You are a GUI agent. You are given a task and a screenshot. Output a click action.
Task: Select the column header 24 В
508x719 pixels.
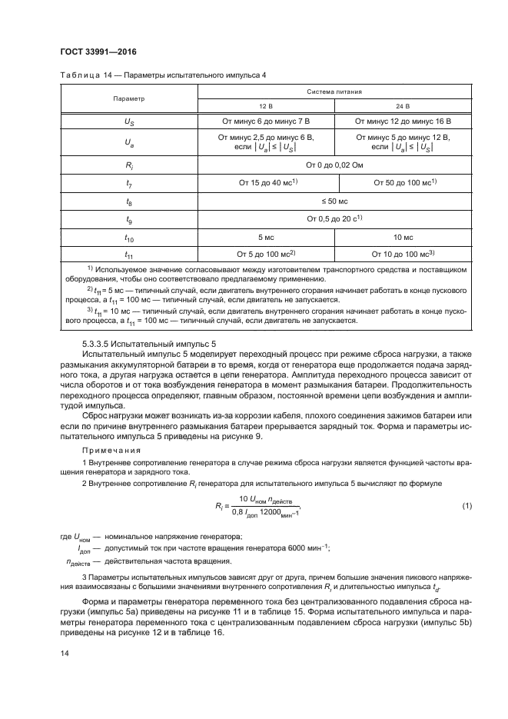[403, 106]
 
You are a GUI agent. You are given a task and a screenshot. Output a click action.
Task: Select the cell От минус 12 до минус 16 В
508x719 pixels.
[403, 121]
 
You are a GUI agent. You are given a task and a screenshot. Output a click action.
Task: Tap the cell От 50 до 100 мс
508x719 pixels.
[403, 183]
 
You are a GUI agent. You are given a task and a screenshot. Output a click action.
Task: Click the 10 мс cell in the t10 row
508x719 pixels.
[403, 238]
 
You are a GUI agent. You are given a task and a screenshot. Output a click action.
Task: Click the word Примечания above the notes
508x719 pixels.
[105, 451]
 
